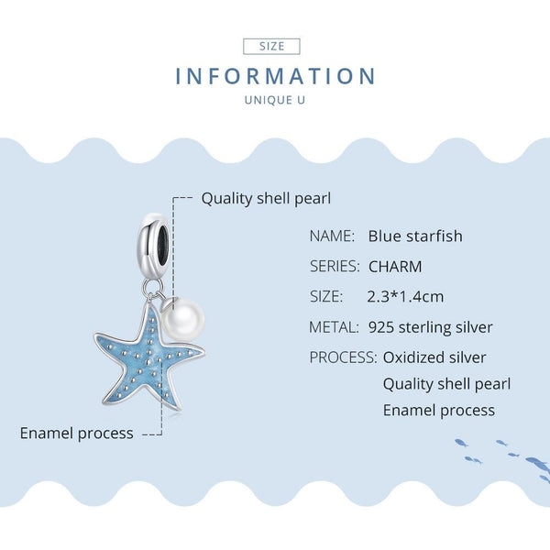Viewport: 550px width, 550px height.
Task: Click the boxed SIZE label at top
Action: (x=272, y=46)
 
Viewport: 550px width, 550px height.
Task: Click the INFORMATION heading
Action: (x=276, y=76)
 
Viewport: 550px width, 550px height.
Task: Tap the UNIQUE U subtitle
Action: (x=275, y=99)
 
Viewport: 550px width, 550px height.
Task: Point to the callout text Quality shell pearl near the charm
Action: (x=266, y=198)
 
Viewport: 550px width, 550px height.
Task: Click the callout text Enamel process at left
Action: (x=77, y=433)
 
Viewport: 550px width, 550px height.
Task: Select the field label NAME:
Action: (x=332, y=236)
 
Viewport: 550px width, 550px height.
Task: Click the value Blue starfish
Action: (x=415, y=236)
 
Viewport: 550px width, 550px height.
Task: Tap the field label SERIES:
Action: (x=334, y=267)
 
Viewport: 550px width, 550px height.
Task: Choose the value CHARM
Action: (x=395, y=267)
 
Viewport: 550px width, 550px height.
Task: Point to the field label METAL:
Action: (x=334, y=327)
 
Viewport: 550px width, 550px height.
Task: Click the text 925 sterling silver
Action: (x=431, y=327)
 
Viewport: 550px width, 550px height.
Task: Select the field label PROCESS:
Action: (x=343, y=357)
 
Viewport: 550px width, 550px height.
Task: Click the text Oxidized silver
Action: (x=434, y=357)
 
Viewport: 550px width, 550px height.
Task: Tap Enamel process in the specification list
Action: (x=439, y=410)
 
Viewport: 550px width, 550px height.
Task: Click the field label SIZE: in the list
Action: (x=326, y=297)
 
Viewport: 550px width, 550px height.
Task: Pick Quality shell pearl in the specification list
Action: (x=446, y=384)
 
